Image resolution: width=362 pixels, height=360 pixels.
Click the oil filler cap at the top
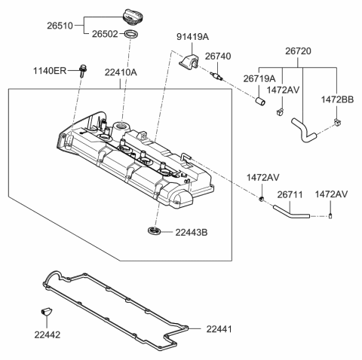(130, 15)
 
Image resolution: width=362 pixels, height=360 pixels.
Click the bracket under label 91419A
(189, 62)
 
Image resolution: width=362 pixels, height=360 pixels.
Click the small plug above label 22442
(44, 311)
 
